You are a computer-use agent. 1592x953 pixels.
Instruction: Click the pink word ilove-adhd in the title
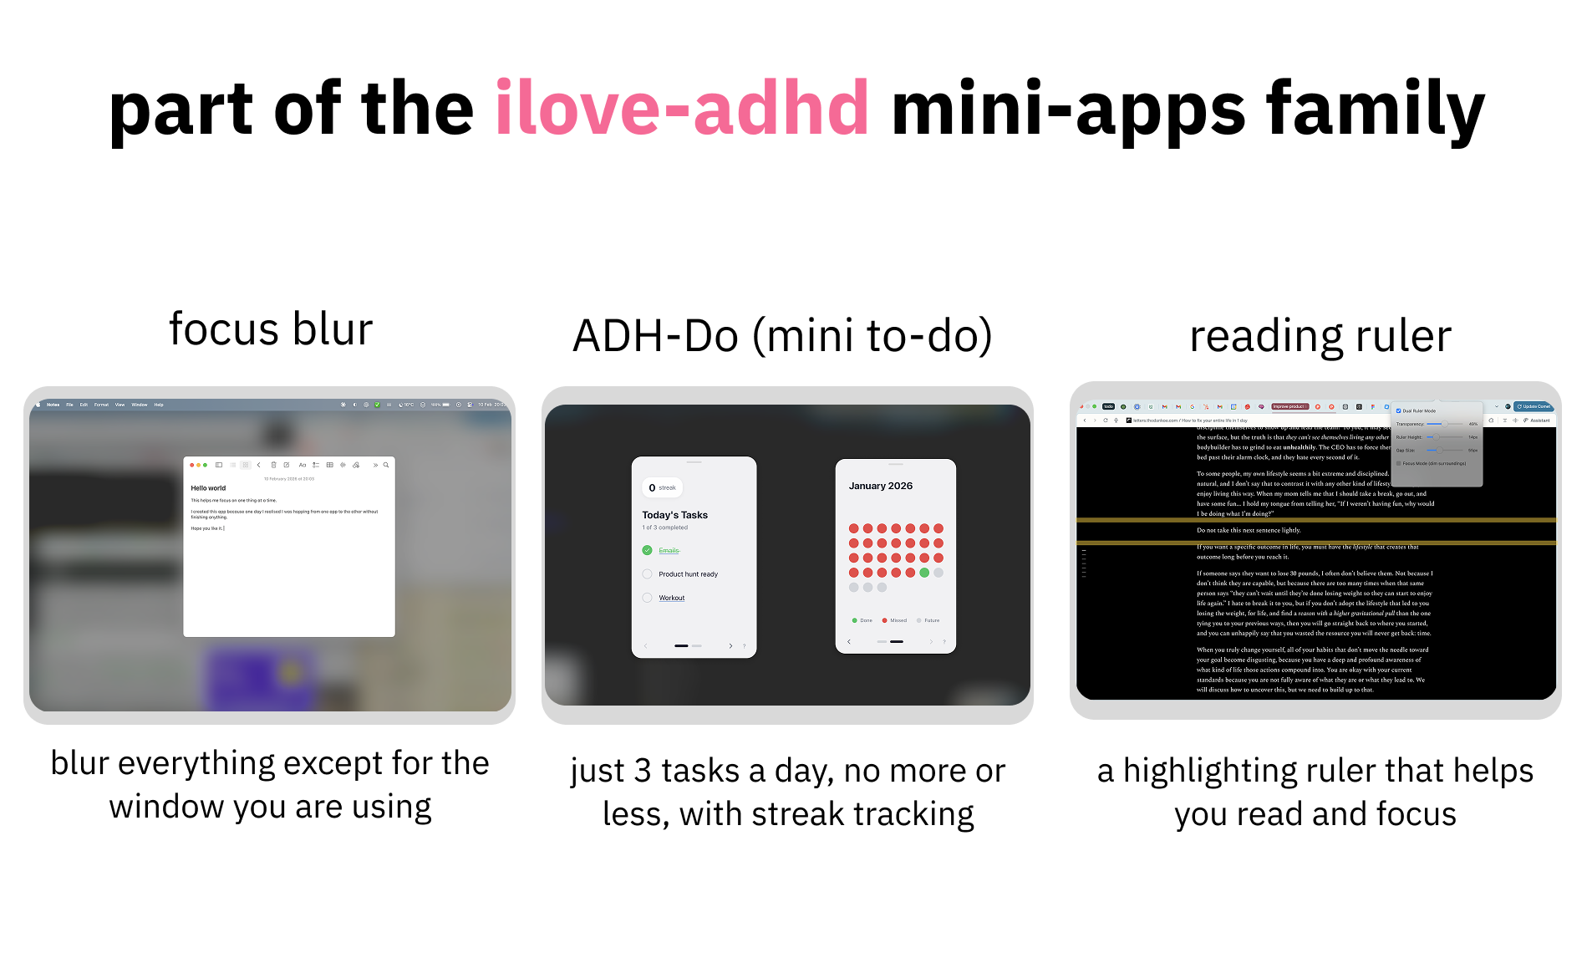pyautogui.click(x=681, y=108)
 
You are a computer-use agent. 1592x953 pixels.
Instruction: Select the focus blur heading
pyautogui.click(x=271, y=329)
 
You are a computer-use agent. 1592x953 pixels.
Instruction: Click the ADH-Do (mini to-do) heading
pyautogui.click(x=782, y=336)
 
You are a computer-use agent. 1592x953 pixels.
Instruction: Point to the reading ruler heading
pyautogui.click(x=1320, y=336)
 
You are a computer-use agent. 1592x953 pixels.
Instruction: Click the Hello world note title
pyautogui.click(x=208, y=488)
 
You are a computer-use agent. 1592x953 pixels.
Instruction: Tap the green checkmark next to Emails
pyautogui.click(x=647, y=550)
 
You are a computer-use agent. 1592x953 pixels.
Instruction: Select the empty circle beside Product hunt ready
pyautogui.click(x=647, y=574)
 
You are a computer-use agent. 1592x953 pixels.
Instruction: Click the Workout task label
pyautogui.click(x=671, y=598)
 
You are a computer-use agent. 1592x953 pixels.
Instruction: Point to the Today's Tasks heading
pyautogui.click(x=674, y=515)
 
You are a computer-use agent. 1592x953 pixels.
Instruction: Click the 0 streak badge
pyautogui.click(x=662, y=487)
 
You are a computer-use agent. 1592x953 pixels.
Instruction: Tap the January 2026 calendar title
pyautogui.click(x=880, y=486)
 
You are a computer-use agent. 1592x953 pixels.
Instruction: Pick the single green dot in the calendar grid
pyautogui.click(x=924, y=573)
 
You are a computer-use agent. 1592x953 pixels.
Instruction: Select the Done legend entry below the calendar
pyautogui.click(x=862, y=620)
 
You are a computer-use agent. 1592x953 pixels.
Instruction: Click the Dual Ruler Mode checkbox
pyautogui.click(x=1398, y=410)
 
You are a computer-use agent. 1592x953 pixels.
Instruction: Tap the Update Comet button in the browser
pyautogui.click(x=1534, y=406)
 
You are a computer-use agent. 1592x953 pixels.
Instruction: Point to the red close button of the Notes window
pyautogui.click(x=191, y=465)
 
